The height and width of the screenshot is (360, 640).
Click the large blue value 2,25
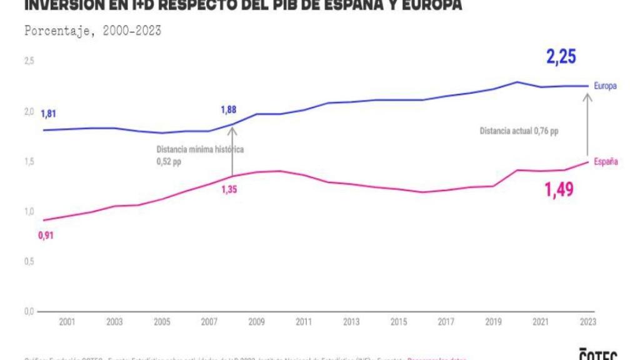561,57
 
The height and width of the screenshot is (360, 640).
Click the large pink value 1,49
558,190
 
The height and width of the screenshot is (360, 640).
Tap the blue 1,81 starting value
48,114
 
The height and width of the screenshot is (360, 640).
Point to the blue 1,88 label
229,110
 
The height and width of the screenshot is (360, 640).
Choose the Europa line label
605,86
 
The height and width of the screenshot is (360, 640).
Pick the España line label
605,161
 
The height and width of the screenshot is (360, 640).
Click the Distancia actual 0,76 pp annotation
519,131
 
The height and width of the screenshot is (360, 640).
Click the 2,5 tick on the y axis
29,61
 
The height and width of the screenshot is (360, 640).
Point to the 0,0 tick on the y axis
29,311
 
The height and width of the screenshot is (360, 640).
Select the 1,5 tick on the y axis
29,162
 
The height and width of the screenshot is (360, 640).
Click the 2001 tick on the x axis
67,322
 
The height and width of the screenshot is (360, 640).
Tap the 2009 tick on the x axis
256,322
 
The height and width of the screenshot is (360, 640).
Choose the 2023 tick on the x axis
587,322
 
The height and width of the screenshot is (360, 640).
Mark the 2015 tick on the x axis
398,322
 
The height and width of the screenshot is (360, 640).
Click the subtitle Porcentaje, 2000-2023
92,31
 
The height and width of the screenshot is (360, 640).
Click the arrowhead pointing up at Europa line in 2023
587,96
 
